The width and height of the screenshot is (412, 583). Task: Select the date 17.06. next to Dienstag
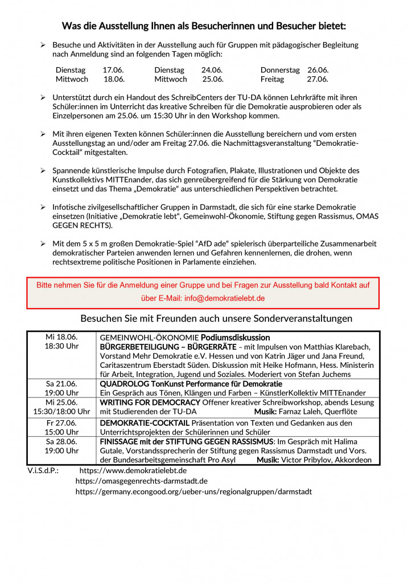click(x=113, y=70)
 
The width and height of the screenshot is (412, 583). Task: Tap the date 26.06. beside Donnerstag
click(x=318, y=70)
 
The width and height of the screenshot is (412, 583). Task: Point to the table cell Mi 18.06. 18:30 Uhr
click(x=61, y=341)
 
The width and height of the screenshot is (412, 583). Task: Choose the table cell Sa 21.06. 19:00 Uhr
click(x=61, y=388)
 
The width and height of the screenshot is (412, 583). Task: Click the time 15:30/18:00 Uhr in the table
click(x=61, y=412)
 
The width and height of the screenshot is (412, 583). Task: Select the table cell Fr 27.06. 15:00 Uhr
click(x=61, y=427)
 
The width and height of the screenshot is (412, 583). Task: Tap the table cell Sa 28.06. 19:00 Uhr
click(x=61, y=446)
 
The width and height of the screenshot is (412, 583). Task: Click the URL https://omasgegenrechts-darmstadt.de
click(x=141, y=481)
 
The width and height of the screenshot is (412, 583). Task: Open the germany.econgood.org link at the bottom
click(x=193, y=491)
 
